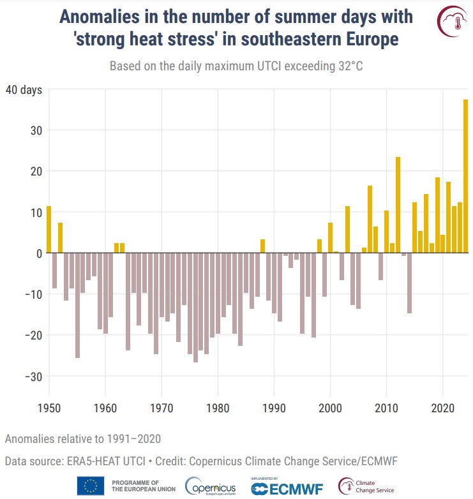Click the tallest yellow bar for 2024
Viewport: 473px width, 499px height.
[465, 176]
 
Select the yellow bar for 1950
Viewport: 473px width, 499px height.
[49, 230]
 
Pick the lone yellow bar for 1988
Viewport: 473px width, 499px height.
[262, 246]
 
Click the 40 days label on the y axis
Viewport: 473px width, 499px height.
[24, 90]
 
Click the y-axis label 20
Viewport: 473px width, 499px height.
[34, 171]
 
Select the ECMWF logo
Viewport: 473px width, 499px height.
[288, 488]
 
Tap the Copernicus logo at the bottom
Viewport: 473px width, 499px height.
[210, 486]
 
